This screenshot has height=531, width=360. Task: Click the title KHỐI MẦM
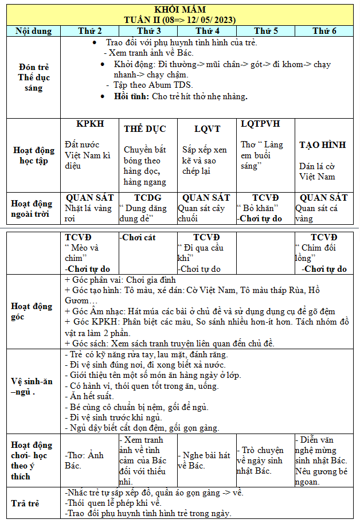179,9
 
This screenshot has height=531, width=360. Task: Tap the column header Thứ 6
324,31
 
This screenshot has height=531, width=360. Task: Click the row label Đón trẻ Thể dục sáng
34,77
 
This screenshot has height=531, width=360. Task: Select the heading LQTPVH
260,124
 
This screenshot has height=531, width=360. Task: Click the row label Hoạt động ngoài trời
34,209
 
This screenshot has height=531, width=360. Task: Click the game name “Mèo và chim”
81,253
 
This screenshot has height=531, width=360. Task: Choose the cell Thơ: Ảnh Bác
84,460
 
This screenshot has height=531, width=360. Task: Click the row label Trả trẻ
25,503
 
